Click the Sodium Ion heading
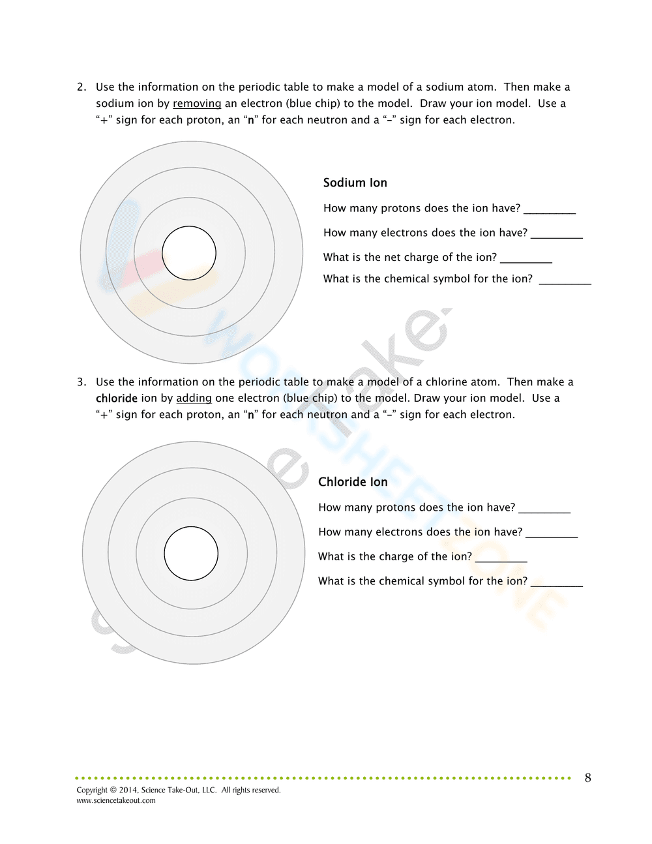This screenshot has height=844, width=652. tap(355, 183)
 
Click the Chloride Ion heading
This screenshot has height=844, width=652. tap(353, 482)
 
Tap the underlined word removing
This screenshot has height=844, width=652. tap(197, 104)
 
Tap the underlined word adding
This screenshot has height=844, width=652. tap(194, 399)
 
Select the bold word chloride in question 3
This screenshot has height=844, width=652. tap(117, 399)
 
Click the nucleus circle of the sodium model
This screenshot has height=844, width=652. tap(189, 253)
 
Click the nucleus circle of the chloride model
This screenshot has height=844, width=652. tap(191, 553)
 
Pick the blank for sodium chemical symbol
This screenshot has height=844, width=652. tap(565, 281)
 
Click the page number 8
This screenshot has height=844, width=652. tap(588, 777)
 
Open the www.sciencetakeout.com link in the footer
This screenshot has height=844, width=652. tap(116, 800)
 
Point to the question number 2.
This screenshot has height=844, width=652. tap(81, 87)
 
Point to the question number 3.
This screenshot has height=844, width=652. tap(81, 382)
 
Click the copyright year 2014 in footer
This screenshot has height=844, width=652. tap(128, 790)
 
